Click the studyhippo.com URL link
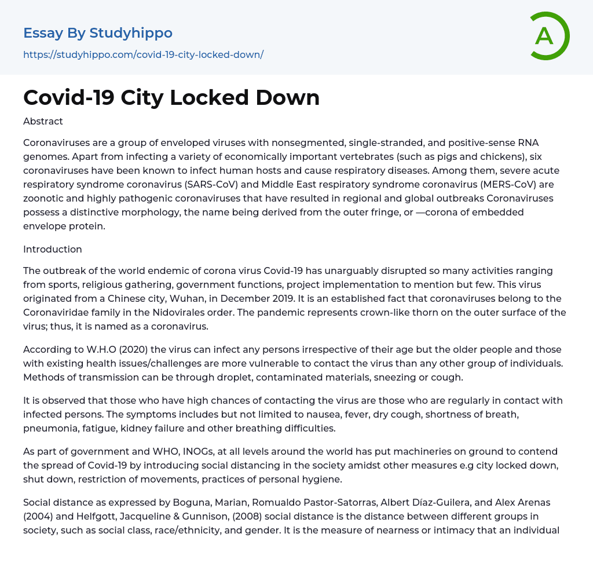coord(143,55)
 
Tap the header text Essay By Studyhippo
coord(98,33)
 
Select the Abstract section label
coord(43,122)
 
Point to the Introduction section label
coord(53,249)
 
